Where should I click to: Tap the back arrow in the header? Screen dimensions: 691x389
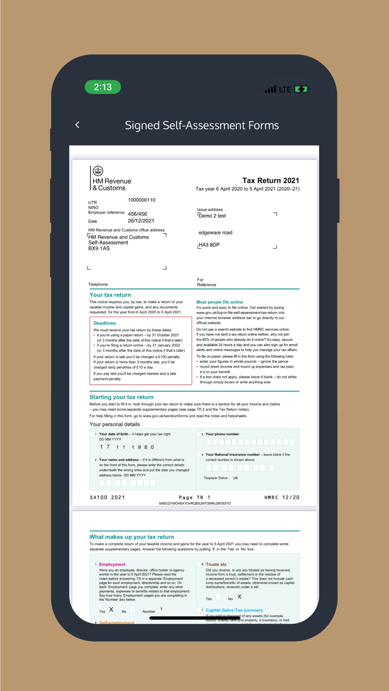tap(77, 125)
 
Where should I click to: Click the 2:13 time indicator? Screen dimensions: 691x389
tap(103, 87)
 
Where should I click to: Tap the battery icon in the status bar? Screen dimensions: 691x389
tap(301, 89)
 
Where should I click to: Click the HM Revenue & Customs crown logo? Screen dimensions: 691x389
tap(98, 171)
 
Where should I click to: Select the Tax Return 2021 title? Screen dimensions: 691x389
tap(271, 180)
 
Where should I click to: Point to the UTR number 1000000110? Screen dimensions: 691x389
tap(142, 200)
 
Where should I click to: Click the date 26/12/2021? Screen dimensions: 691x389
tap(141, 221)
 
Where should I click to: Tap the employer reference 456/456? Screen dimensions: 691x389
tap(137, 214)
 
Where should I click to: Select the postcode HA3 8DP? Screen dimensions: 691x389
tap(209, 245)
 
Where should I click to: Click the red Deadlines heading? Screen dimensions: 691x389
tap(105, 323)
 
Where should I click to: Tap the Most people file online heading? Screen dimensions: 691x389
tap(219, 302)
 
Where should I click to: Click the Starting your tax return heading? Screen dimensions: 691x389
tap(121, 397)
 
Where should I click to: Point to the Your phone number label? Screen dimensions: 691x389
tap(222, 434)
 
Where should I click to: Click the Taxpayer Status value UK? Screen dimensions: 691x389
tap(235, 478)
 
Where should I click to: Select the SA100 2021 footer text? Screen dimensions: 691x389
tap(107, 497)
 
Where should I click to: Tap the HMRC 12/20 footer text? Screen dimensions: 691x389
tap(282, 497)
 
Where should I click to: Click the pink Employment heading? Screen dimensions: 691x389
tap(112, 564)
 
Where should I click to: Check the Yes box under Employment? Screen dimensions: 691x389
tap(111, 609)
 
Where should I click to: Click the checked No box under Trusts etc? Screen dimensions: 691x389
tap(240, 597)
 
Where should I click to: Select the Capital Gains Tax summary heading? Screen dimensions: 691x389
tap(234, 610)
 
